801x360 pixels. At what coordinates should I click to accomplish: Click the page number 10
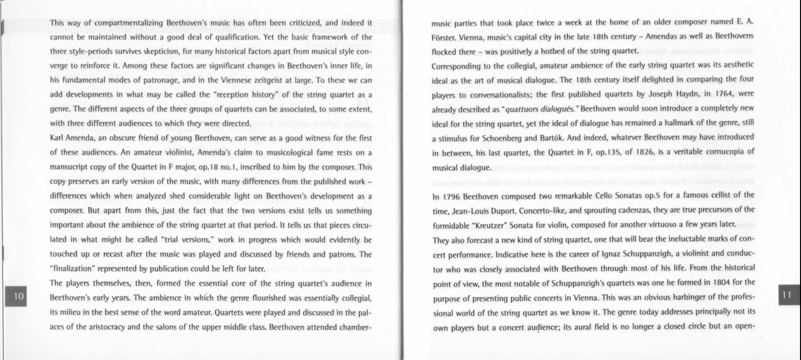pos(19,296)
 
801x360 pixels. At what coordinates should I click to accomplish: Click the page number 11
pos(787,295)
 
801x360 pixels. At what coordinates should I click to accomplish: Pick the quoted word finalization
pos(74,269)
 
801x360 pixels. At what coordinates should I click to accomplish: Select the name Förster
pos(443,37)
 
